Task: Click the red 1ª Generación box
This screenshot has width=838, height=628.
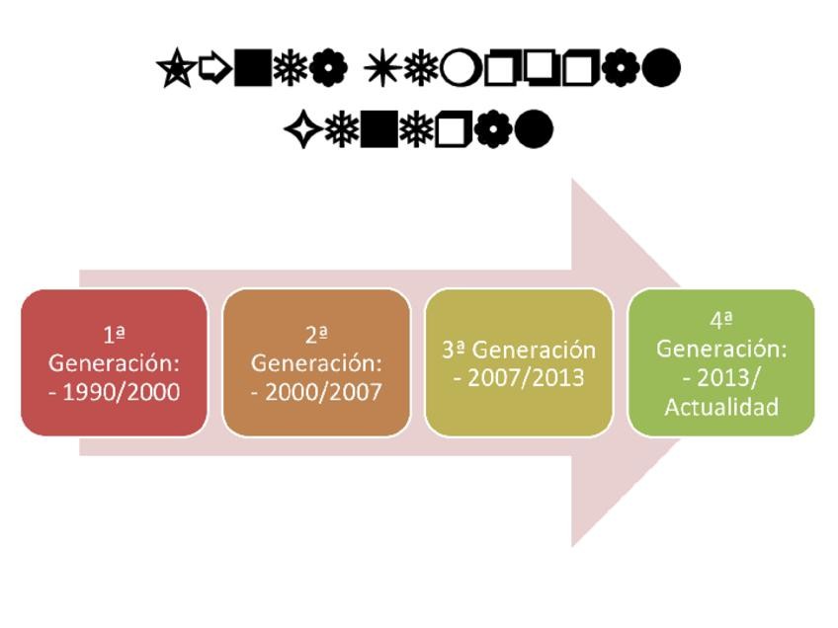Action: [114, 362]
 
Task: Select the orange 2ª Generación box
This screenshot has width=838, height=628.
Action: [316, 362]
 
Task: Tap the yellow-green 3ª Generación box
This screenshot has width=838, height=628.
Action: [519, 362]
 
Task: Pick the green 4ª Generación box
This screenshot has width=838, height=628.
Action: [721, 362]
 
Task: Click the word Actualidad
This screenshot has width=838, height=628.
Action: [721, 406]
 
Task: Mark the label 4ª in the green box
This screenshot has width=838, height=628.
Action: [721, 320]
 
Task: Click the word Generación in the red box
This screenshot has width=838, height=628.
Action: [114, 362]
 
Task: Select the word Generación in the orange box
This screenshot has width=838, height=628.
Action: [316, 362]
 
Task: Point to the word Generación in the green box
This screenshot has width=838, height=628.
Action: [721, 349]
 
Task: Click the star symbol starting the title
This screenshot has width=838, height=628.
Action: [175, 69]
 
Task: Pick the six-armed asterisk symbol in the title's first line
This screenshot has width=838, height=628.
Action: [380, 69]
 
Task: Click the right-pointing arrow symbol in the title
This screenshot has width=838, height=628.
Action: [214, 69]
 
